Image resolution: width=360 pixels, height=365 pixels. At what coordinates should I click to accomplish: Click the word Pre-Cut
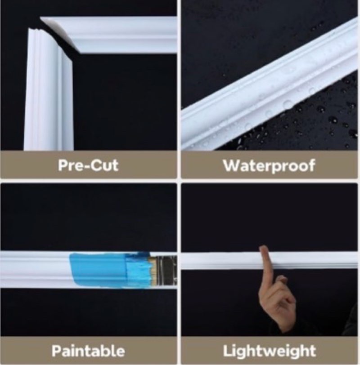click(x=88, y=165)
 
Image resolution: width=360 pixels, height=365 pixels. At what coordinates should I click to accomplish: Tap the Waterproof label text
click(x=269, y=166)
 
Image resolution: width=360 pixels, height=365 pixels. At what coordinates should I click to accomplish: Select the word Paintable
click(x=88, y=351)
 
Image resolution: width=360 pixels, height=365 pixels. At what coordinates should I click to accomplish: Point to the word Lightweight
click(x=270, y=351)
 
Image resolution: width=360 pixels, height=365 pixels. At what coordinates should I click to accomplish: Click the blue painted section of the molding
click(x=100, y=270)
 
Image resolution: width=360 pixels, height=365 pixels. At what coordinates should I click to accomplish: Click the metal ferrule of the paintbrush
click(x=167, y=271)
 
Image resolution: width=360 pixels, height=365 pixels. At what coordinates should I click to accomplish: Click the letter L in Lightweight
click(x=227, y=351)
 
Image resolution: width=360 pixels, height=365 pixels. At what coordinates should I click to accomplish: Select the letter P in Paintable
click(x=56, y=351)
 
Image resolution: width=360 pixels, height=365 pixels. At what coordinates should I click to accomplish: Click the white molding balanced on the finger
click(x=269, y=260)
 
